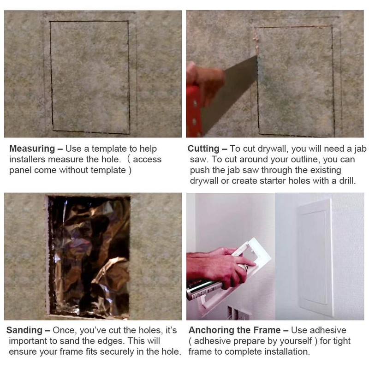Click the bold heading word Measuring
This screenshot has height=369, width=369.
point(30,149)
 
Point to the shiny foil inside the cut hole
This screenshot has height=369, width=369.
point(88,258)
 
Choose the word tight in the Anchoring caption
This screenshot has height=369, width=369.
point(337,341)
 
